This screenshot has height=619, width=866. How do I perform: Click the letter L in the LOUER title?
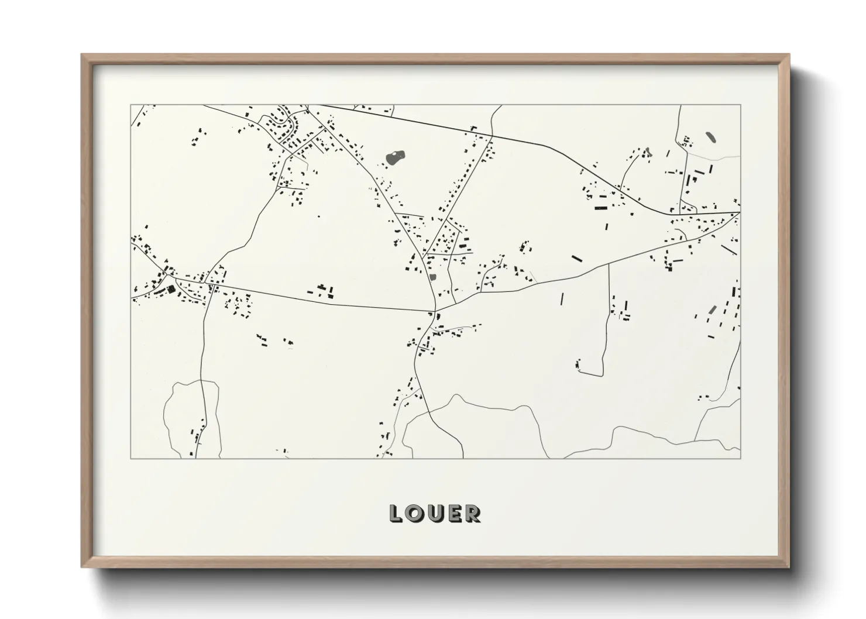pyautogui.click(x=397, y=514)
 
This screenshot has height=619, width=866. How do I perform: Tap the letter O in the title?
pyautogui.click(x=415, y=514)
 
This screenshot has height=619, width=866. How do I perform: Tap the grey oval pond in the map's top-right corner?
pyautogui.click(x=710, y=137)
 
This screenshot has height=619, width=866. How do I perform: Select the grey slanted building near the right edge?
pyautogui.click(x=712, y=309)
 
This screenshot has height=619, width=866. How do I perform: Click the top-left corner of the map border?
pyautogui.click(x=130, y=105)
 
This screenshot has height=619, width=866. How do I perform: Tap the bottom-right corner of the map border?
pyautogui.click(x=740, y=458)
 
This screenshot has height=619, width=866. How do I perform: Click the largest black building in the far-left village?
pyautogui.click(x=171, y=289)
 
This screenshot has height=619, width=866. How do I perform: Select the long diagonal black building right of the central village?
pyautogui.click(x=577, y=257)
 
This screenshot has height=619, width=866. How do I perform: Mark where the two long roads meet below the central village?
pyautogui.click(x=435, y=310)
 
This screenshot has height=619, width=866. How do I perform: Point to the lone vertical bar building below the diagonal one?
pyautogui.click(x=562, y=299)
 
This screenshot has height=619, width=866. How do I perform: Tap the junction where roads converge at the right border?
pyautogui.click(x=738, y=213)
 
